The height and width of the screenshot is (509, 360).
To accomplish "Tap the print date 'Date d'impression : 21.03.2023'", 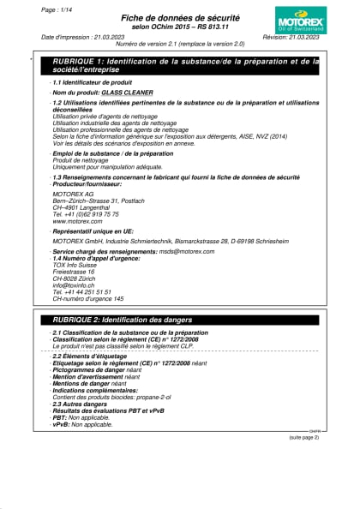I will [x=82, y=38].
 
